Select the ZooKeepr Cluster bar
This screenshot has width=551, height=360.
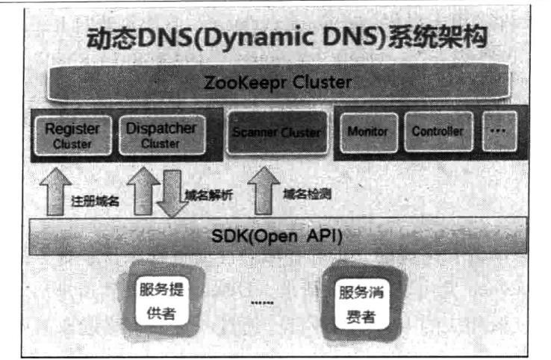278,82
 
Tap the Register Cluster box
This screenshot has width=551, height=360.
72,135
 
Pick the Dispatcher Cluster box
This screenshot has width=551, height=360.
162,135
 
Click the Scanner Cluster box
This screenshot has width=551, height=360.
277,132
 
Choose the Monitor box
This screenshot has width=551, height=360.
369,132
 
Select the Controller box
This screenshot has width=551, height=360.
438,132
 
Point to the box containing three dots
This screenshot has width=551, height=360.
499,131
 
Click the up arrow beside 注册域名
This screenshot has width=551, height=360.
55,192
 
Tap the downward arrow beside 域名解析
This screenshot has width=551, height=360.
172,193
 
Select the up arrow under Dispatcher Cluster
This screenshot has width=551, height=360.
143,191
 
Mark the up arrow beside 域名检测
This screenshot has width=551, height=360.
264,190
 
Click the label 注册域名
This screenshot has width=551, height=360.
95,201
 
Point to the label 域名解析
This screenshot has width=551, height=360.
209,195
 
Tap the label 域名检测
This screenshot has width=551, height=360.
307,193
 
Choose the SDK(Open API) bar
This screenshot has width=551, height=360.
278,236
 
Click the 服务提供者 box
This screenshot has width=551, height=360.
162,300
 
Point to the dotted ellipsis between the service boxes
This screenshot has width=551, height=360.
263,302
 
